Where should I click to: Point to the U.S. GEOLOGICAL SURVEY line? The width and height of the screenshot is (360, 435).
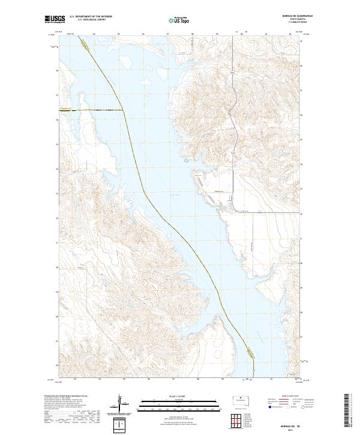pos(89,20)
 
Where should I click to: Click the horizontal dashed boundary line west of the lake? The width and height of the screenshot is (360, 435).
pos(90,110)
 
